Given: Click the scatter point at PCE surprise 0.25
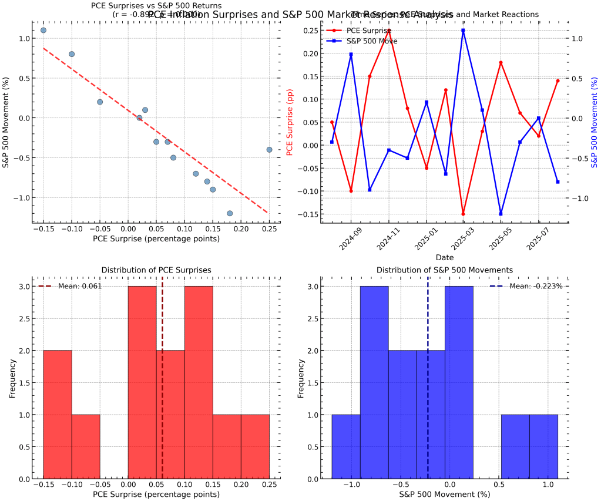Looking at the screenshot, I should (x=269, y=150).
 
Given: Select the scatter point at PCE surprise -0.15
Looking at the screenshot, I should (x=43, y=30).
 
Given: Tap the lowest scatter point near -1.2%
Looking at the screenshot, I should (x=230, y=213).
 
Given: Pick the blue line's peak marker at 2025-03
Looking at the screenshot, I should (x=463, y=30).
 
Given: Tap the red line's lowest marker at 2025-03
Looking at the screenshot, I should (x=463, y=214).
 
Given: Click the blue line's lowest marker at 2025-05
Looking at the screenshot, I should (x=501, y=214).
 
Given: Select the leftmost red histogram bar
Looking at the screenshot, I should (x=58, y=415).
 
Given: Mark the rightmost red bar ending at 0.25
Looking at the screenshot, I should (x=255, y=447).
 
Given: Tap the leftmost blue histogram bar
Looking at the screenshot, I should (x=346, y=447).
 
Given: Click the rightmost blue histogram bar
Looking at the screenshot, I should (x=543, y=447).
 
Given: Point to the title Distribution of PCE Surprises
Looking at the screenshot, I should (x=156, y=270).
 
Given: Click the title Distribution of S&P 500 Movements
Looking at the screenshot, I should (x=445, y=270).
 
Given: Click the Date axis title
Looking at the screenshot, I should (x=445, y=257).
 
